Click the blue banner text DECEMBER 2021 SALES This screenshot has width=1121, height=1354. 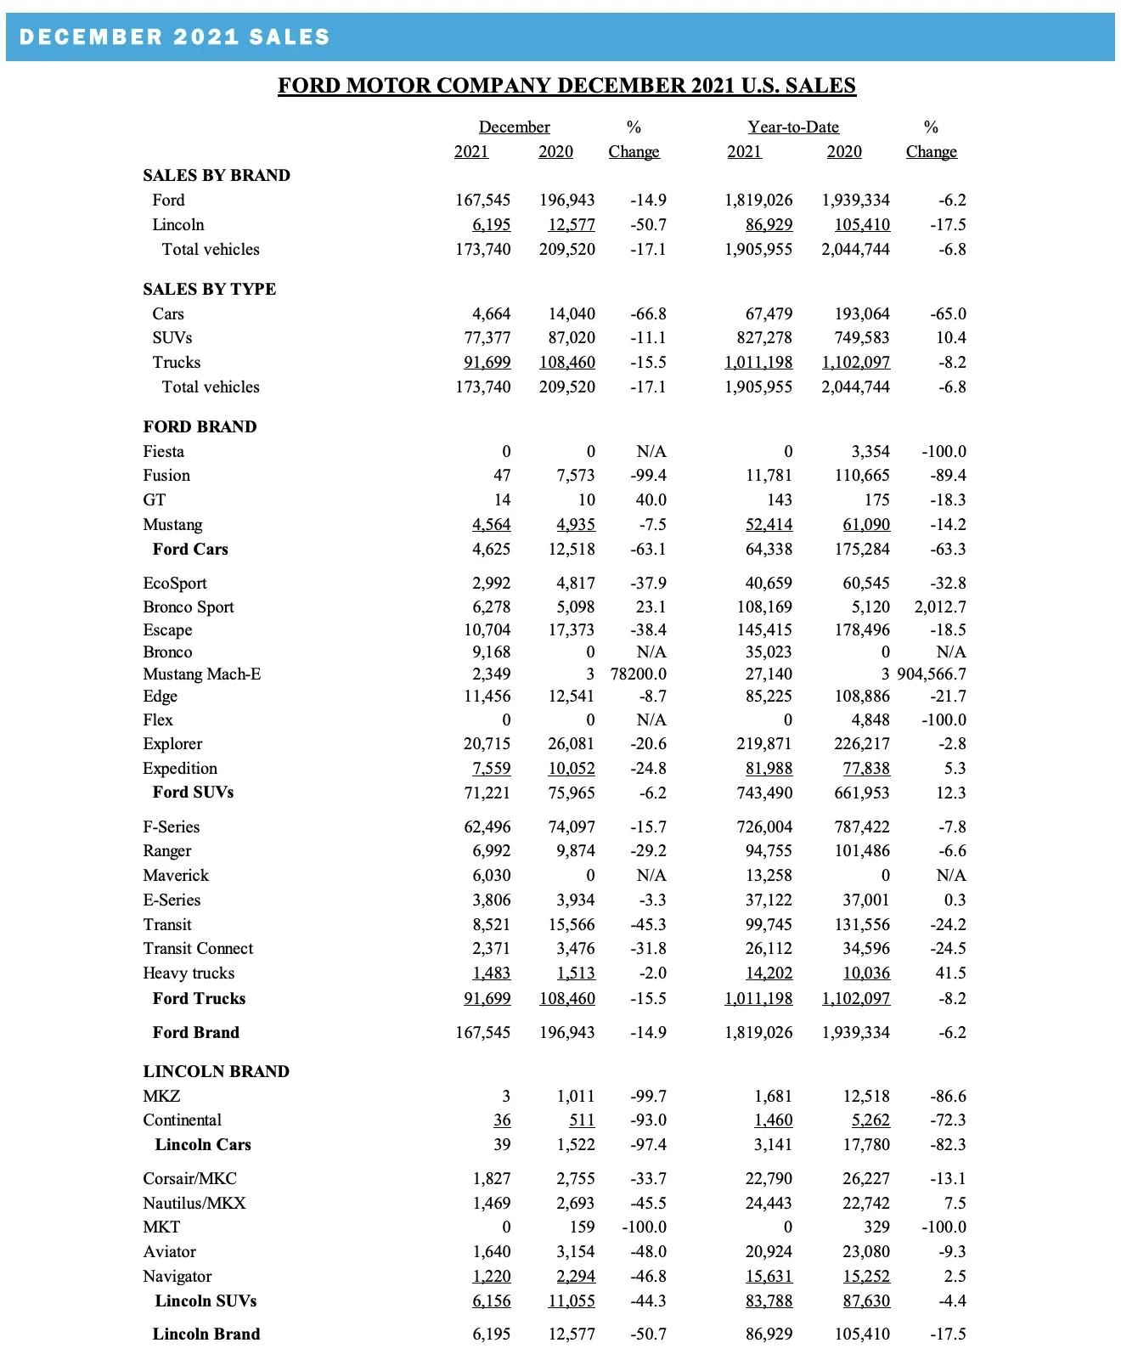tap(174, 37)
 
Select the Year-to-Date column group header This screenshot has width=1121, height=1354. tap(793, 127)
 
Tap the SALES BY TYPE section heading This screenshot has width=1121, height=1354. tap(209, 289)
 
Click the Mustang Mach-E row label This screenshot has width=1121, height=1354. tap(201, 674)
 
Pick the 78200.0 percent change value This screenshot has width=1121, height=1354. tap(639, 674)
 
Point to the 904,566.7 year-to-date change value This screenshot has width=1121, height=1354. tap(932, 674)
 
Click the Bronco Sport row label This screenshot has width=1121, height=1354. tap(188, 607)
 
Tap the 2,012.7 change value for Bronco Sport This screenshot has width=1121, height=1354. tap(940, 607)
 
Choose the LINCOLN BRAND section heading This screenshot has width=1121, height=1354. tap(216, 1071)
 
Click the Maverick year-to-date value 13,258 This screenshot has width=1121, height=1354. tap(769, 876)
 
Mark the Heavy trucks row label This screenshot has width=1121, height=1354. tap(189, 973)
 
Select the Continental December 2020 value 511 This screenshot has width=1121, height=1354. tap(582, 1120)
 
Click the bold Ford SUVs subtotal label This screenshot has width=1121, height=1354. tap(193, 793)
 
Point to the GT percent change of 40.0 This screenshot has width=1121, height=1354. tap(651, 500)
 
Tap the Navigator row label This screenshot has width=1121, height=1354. tap(177, 1277)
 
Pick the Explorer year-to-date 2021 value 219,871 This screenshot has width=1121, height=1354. tap(763, 744)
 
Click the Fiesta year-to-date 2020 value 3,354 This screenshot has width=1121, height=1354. tap(870, 452)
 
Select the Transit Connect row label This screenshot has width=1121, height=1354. tap(198, 949)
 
